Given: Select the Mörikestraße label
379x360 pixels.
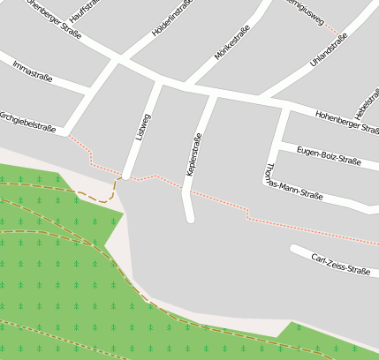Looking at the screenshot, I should pos(232,43).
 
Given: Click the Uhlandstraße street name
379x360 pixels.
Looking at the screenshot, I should pos(329,51).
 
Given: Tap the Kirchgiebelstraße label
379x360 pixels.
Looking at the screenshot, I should pos(27,123).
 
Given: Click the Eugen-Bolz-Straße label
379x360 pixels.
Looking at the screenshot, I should pos(329,156).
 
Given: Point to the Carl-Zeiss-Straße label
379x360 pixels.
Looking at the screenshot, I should pos(341,264).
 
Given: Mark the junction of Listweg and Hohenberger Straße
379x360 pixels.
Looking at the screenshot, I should pos(158,81).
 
